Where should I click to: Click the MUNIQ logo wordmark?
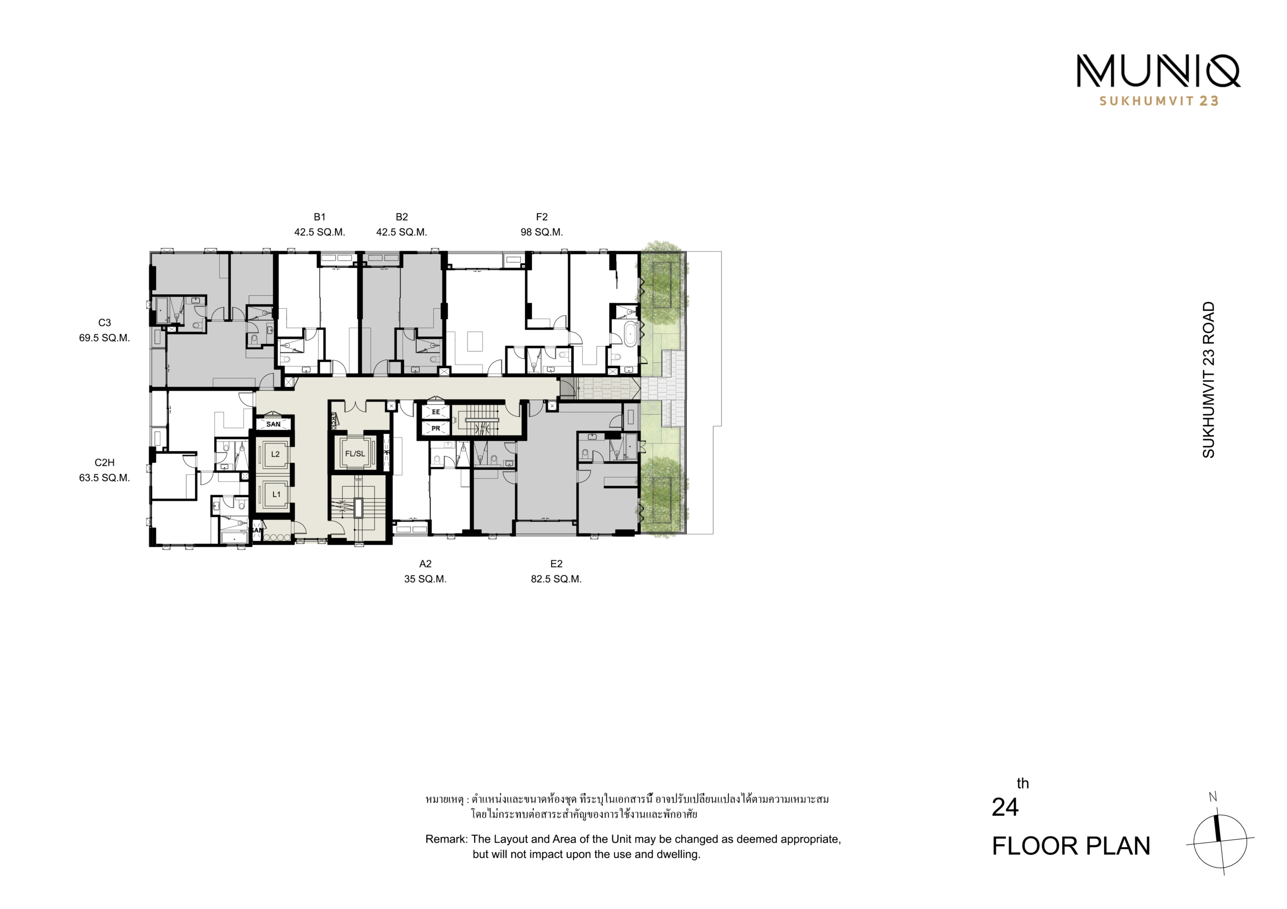(1158, 71)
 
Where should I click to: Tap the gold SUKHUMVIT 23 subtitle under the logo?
(1159, 101)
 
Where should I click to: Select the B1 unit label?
(320, 217)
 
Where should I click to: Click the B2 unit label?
(401, 217)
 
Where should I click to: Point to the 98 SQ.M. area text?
(541, 232)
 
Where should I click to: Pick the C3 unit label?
(104, 322)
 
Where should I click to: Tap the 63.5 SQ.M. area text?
(104, 478)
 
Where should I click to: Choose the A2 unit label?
(425, 564)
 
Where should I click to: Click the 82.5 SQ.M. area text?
(556, 579)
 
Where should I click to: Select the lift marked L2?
(275, 454)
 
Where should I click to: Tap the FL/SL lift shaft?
(355, 453)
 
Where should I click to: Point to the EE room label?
(436, 412)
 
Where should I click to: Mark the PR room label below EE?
(436, 428)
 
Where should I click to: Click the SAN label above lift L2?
(273, 424)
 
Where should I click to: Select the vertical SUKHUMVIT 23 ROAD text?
(1208, 380)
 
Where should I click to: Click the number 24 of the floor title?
(1005, 807)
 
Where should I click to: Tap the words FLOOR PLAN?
(1071, 846)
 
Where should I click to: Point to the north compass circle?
(1220, 841)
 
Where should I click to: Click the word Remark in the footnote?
(446, 839)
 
